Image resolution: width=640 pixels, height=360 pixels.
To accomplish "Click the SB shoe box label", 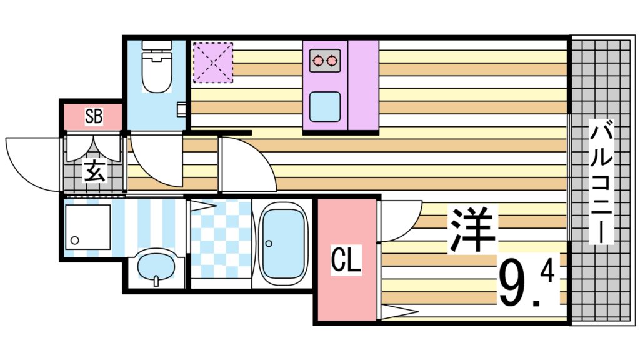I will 94,116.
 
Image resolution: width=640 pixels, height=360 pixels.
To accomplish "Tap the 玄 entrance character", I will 94,171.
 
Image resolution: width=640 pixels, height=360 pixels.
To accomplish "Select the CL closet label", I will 346,261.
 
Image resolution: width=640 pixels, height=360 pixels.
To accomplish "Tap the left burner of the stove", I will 319,61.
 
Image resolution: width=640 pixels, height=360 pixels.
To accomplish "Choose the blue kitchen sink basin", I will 325,106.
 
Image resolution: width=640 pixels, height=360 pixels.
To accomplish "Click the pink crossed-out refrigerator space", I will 212,62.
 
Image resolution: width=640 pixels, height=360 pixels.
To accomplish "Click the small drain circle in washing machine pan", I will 75,240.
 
